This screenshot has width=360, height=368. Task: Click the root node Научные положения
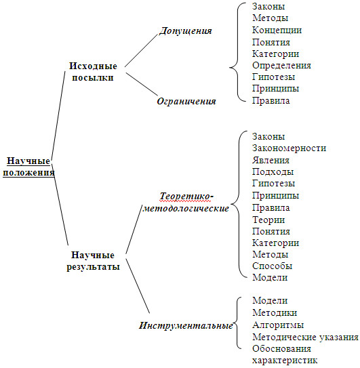click(28, 167)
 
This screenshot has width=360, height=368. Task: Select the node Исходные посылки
click(93, 72)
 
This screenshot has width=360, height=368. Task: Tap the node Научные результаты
click(93, 261)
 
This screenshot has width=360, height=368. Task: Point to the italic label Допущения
click(186, 30)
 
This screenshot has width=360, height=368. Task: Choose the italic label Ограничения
click(186, 101)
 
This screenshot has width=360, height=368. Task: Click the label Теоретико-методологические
click(186, 202)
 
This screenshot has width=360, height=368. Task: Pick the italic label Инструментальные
click(186, 325)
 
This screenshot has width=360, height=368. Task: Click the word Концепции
click(277, 30)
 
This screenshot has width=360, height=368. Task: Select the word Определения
click(281, 66)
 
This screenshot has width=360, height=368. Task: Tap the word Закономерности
click(289, 148)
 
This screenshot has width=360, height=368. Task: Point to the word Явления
click(271, 161)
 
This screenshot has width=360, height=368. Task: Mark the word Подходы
click(273, 171)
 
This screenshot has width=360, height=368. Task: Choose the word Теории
click(268, 220)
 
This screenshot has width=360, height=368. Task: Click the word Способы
click(272, 266)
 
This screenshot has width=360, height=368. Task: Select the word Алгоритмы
click(278, 325)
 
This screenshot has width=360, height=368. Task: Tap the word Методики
click(275, 313)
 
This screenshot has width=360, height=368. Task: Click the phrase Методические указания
click(305, 338)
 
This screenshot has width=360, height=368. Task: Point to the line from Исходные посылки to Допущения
click(141, 51)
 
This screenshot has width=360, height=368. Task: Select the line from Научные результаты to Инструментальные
click(138, 286)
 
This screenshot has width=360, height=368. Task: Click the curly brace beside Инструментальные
click(237, 323)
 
